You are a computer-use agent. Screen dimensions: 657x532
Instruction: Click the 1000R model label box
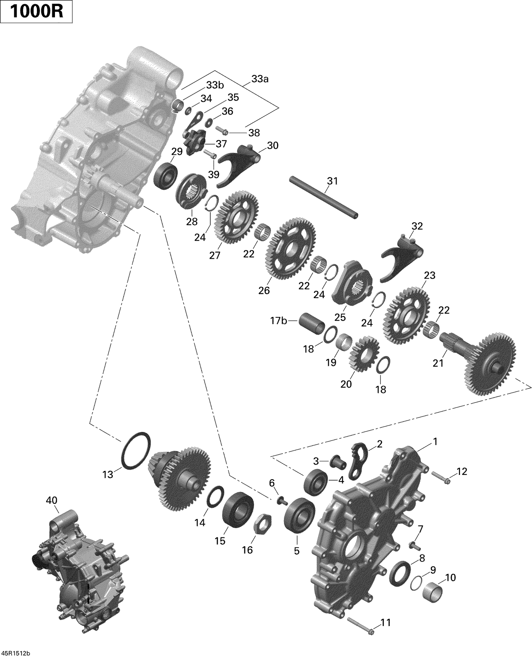37,12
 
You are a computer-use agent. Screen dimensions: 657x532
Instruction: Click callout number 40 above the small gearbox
51,501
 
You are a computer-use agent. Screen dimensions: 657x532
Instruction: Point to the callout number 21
438,363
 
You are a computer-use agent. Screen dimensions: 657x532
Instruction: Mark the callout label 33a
260,79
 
